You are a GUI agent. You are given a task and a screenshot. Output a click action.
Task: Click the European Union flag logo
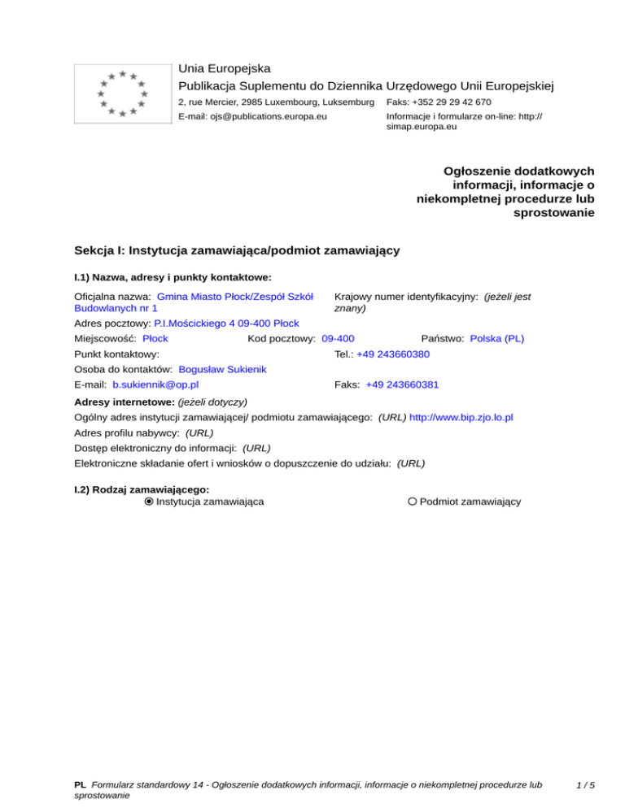(x=121, y=93)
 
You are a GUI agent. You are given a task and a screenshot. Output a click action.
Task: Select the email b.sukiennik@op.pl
(x=156, y=384)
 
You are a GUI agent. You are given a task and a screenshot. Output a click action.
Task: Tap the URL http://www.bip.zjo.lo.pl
(x=461, y=417)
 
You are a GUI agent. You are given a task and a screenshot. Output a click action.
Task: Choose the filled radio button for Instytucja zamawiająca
(x=149, y=502)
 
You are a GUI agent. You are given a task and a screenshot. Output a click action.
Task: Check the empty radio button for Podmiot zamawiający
(x=413, y=502)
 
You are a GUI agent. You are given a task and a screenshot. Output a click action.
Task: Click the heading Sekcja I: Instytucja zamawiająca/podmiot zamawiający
(x=236, y=250)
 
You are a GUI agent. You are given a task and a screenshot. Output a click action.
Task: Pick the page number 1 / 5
(x=583, y=786)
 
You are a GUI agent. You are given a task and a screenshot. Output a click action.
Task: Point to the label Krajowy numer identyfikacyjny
(x=405, y=298)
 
